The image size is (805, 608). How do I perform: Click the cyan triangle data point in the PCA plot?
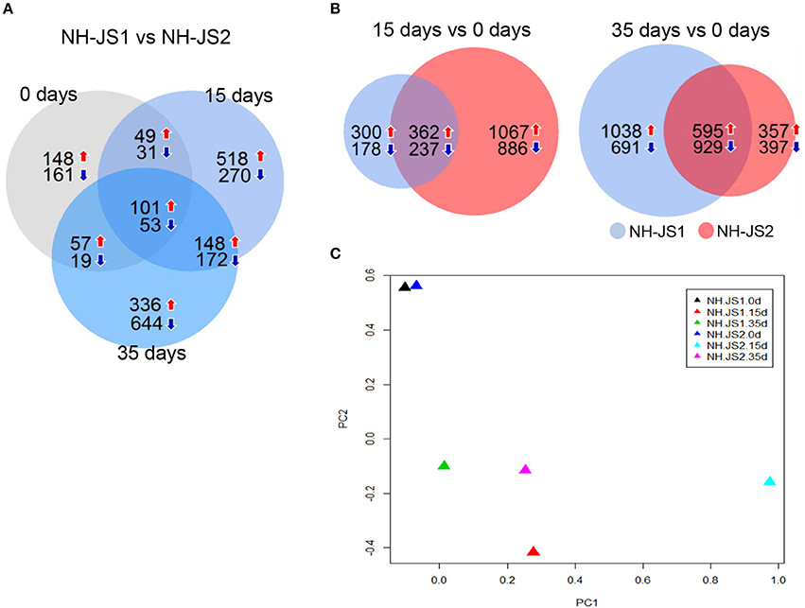pos(770,481)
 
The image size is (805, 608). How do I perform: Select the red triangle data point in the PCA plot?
pos(534,551)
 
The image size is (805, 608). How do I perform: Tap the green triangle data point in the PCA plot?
pos(444,465)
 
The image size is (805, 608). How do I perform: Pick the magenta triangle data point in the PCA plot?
pos(526,469)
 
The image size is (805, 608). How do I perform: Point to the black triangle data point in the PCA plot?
pos(405,287)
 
